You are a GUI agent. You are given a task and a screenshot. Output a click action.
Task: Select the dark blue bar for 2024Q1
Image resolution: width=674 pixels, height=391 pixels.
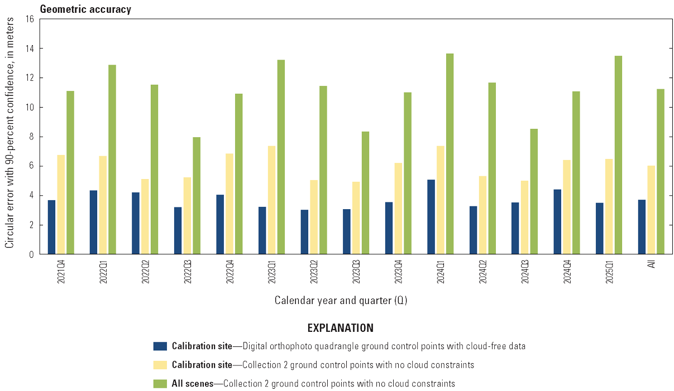click(x=431, y=217)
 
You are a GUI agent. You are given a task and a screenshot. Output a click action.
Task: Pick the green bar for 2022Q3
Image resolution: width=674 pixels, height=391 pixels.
click(x=197, y=196)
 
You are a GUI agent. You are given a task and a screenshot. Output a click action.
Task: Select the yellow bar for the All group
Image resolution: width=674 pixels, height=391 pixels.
click(x=651, y=210)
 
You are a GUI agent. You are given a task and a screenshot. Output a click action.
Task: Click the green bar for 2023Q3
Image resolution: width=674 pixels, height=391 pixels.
click(x=365, y=193)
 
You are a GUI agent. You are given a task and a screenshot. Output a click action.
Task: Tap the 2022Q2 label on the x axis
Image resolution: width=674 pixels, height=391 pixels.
click(x=145, y=270)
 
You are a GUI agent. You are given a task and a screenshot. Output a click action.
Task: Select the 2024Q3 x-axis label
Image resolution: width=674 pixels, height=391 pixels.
click(x=525, y=270)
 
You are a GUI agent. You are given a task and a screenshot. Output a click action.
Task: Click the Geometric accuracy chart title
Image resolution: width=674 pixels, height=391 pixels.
click(x=85, y=9)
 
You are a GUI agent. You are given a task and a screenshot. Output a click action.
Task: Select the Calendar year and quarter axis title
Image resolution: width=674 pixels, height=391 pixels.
click(x=341, y=301)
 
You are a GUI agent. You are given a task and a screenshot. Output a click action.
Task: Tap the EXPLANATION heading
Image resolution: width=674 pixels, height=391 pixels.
click(x=340, y=328)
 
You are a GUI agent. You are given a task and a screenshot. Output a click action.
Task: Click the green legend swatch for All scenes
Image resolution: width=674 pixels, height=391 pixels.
click(x=160, y=384)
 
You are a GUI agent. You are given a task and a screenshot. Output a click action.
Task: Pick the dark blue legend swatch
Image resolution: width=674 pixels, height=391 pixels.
click(x=160, y=346)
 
